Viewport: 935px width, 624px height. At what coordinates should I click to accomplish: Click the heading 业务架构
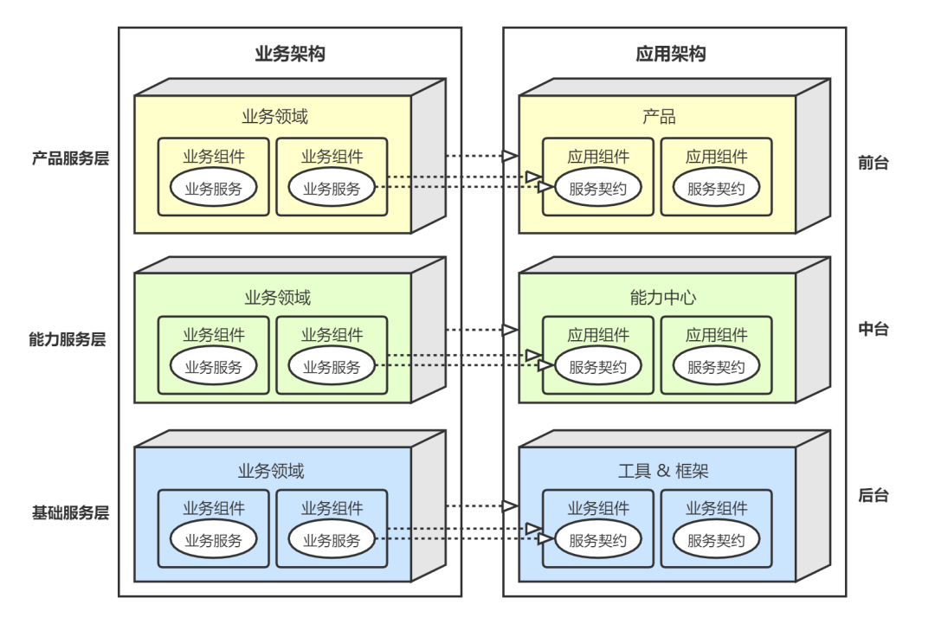tap(290, 54)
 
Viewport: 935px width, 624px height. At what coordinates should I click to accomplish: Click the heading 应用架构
tap(671, 54)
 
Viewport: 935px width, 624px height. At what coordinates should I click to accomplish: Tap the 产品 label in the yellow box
tap(659, 117)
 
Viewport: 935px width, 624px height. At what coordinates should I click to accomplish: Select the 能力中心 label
tap(663, 298)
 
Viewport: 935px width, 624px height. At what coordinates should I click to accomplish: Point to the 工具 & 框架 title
tap(663, 472)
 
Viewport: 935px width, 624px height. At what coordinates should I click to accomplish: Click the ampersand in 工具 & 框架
tap(663, 472)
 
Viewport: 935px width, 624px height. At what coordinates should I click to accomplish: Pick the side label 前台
tap(874, 162)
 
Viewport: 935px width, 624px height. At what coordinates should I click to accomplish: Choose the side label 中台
tap(874, 329)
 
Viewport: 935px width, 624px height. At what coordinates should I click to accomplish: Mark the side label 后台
tap(874, 495)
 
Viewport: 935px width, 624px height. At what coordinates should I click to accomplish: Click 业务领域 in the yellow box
tap(274, 117)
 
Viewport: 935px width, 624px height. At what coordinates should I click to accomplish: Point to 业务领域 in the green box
tap(277, 298)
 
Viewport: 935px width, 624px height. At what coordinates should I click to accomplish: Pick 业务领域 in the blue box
tap(271, 472)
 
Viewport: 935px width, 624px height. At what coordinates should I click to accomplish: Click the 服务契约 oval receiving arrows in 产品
tap(597, 189)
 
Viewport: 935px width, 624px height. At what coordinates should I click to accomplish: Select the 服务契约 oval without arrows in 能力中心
tap(716, 367)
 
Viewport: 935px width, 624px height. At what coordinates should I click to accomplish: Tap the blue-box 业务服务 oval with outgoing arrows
tap(332, 541)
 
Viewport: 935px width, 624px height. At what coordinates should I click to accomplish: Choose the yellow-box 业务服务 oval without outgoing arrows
tap(213, 189)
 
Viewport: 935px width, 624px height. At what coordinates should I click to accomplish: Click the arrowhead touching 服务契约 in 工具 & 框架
tap(545, 539)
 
